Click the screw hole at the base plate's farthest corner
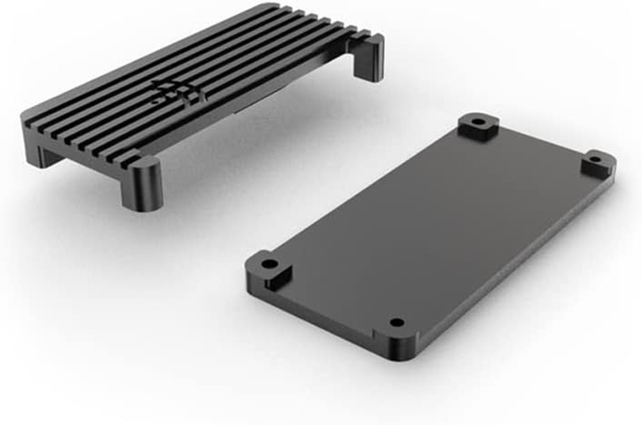point(478,122)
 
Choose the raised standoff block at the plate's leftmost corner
point(271,269)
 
